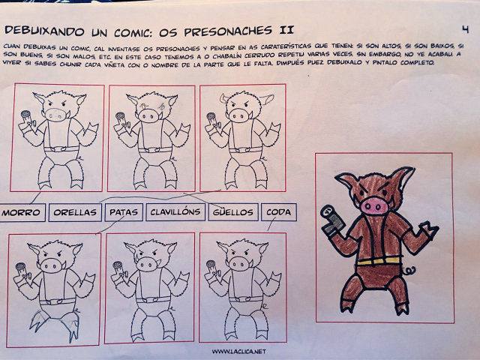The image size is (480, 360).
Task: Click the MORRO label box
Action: [22, 212]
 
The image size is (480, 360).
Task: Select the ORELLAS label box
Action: [75, 212]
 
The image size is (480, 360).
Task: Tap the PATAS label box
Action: [124, 211]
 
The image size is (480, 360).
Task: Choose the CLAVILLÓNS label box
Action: [175, 211]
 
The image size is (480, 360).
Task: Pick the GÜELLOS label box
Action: [233, 211]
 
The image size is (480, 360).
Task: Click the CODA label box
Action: [278, 211]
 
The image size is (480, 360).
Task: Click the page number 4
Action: [465, 29]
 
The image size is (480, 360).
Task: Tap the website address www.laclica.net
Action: [238, 352]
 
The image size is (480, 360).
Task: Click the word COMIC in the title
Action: [133, 31]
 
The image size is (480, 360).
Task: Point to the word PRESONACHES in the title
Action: [228, 31]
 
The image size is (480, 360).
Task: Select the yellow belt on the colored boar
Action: [379, 261]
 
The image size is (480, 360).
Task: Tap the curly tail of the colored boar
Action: [409, 271]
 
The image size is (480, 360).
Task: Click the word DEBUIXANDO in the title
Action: [44, 31]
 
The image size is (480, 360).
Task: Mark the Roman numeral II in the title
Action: [286, 30]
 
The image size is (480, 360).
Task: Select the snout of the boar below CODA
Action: [239, 264]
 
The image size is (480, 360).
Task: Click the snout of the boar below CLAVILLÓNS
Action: [147, 263]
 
